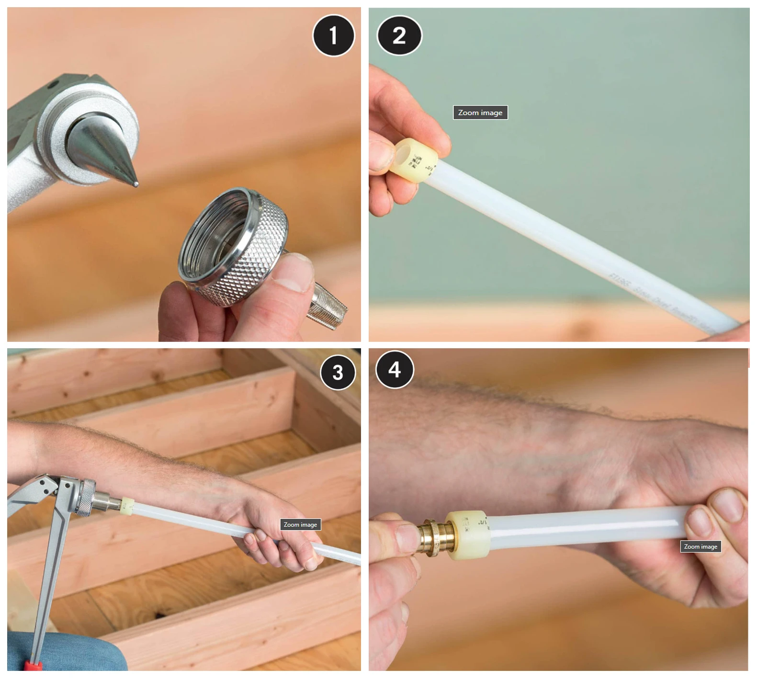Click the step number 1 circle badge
[x=333, y=36]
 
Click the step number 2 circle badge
[x=399, y=36]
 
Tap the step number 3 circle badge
[x=338, y=373]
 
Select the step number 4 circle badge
[x=395, y=369]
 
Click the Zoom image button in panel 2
[x=480, y=113]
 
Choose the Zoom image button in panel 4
[x=700, y=546]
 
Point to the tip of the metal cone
[x=136, y=183]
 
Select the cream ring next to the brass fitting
[x=468, y=535]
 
